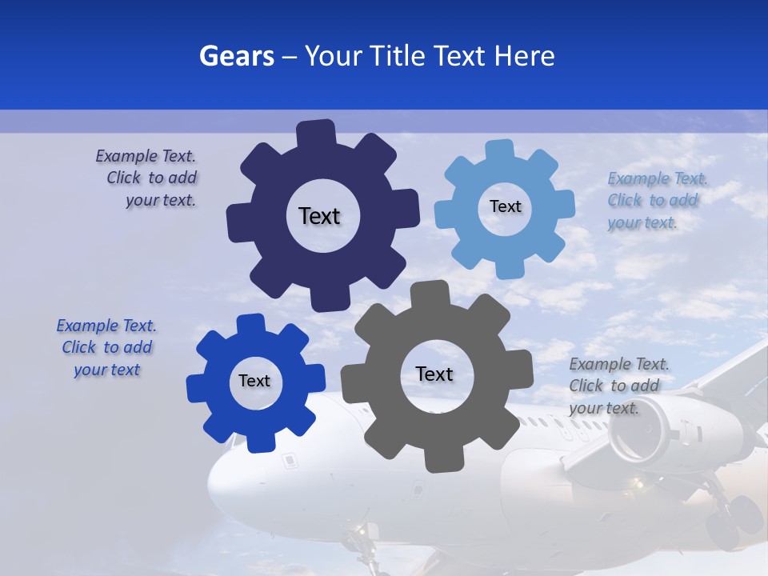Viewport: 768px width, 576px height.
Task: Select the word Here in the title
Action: click(525, 55)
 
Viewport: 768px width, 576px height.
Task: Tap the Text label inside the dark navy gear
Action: click(319, 216)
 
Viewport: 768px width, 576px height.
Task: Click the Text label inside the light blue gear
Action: click(505, 206)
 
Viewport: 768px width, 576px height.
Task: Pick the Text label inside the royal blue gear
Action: click(254, 381)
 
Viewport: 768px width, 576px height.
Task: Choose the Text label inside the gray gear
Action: click(434, 374)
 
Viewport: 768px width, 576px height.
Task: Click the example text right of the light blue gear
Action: click(657, 200)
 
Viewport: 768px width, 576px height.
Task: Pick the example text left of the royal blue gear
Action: click(106, 347)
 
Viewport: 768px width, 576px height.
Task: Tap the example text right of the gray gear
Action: click(618, 386)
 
